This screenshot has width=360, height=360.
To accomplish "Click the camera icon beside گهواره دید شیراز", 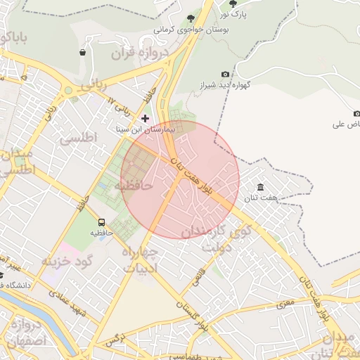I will [225, 74].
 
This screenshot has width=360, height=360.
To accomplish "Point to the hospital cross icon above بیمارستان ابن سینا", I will [146, 118].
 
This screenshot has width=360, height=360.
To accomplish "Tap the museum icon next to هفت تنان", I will [261, 187].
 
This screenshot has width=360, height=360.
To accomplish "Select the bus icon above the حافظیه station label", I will [102, 223].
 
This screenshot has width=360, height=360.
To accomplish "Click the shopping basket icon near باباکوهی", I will [83, 52].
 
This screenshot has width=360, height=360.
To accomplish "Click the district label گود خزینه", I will [67, 262].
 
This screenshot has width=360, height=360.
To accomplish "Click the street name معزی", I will [284, 304].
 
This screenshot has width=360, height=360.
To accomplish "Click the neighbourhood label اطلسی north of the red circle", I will [79, 139].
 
